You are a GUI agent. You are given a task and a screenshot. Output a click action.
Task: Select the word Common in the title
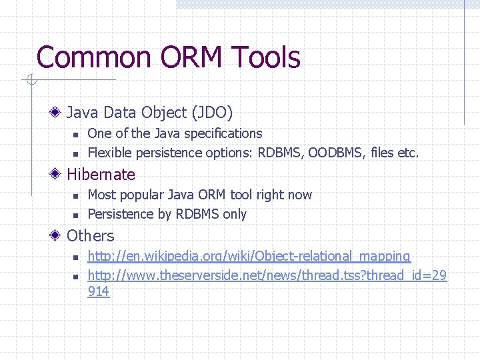[x=93, y=57]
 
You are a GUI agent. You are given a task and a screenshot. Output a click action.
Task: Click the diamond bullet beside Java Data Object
[x=58, y=113]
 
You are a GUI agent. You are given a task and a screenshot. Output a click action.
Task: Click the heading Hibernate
[x=101, y=175]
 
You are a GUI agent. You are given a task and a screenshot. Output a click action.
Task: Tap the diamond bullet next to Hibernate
[x=58, y=175]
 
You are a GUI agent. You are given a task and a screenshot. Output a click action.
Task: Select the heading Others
[x=91, y=236]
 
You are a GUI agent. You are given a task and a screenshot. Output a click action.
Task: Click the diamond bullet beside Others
[x=58, y=236]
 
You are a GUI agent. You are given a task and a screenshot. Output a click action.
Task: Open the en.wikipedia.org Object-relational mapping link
[x=249, y=256]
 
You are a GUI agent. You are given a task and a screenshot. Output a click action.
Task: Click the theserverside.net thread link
[x=267, y=275]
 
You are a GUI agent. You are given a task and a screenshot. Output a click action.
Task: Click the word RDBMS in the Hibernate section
[x=200, y=214]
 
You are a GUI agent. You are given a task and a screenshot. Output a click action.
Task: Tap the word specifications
[x=223, y=133]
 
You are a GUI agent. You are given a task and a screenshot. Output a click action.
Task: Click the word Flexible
[x=109, y=153]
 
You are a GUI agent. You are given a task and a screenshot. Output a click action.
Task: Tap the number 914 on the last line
[x=99, y=291]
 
